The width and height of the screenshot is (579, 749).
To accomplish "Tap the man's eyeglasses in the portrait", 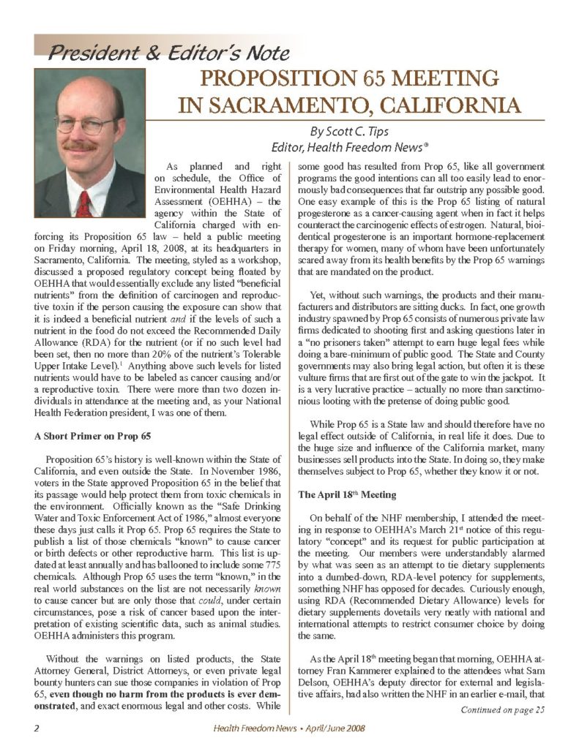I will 86,124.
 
